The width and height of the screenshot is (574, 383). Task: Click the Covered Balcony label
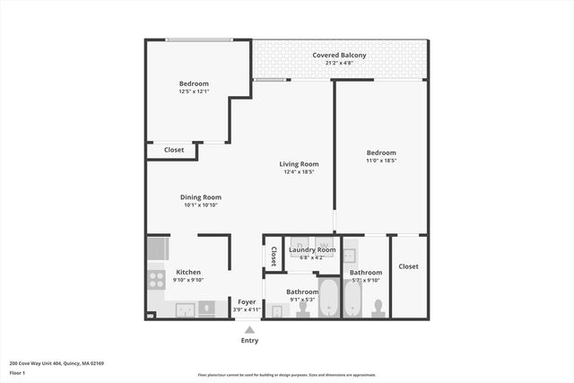pyautogui.click(x=339, y=56)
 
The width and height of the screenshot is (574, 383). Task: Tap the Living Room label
pyautogui.click(x=299, y=164)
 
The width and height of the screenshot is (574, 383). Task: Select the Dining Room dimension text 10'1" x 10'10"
pyautogui.click(x=201, y=205)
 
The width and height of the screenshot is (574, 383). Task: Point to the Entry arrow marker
pyautogui.click(x=249, y=330)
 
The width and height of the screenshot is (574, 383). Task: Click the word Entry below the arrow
pyautogui.click(x=249, y=341)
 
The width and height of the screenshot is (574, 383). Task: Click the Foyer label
pyautogui.click(x=246, y=302)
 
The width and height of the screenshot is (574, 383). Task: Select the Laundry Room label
pyautogui.click(x=312, y=249)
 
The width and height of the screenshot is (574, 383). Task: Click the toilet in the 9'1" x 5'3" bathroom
pyautogui.click(x=303, y=309)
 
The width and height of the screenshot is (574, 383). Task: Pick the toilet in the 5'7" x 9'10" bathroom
pyautogui.click(x=378, y=309)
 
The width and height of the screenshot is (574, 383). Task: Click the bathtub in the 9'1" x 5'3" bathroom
pyautogui.click(x=328, y=299)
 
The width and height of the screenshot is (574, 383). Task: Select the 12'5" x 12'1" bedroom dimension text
pyautogui.click(x=194, y=91)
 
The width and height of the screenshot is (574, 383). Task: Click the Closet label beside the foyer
pyautogui.click(x=274, y=257)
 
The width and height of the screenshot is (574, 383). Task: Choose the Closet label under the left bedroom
pyautogui.click(x=174, y=150)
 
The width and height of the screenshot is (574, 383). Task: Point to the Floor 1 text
pyautogui.click(x=17, y=372)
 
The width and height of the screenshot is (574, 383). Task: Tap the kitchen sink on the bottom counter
pyautogui.click(x=187, y=310)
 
